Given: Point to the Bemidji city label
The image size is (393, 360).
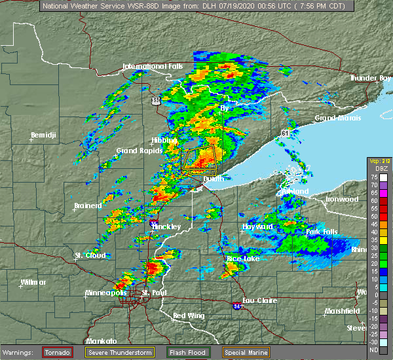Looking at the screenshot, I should pos(44,136).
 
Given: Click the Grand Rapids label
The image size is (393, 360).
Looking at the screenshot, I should pos(136,151).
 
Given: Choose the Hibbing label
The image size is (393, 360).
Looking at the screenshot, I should pos(164,141).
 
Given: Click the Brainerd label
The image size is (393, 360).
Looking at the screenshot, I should pos(88,206).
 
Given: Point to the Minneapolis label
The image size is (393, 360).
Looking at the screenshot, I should pos(107,293).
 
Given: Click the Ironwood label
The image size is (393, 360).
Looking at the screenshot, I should pos(343,198).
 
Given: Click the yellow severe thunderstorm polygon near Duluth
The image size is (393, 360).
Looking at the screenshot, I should pos(199,160).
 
